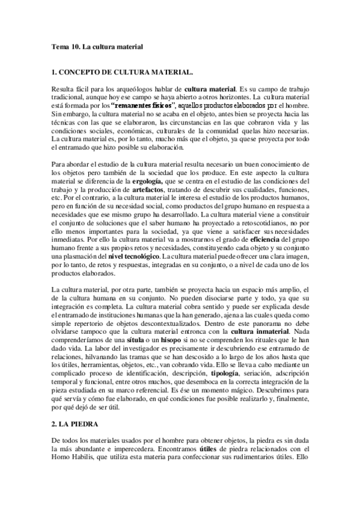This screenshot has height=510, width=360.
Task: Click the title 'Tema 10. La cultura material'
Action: tap(96, 46)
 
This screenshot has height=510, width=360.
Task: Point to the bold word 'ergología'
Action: tap(148, 180)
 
